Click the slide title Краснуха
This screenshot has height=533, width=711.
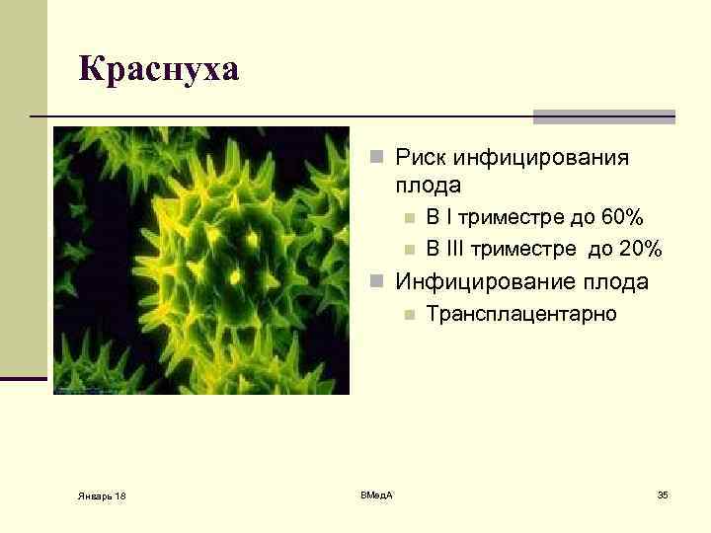159,70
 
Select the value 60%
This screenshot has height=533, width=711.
623,218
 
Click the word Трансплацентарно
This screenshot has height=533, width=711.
521,314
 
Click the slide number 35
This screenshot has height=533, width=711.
663,494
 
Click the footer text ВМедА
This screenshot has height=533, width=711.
376,494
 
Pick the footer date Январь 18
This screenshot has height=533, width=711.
104,495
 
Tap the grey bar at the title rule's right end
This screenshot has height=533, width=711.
603,116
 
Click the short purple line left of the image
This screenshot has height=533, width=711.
24,379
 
